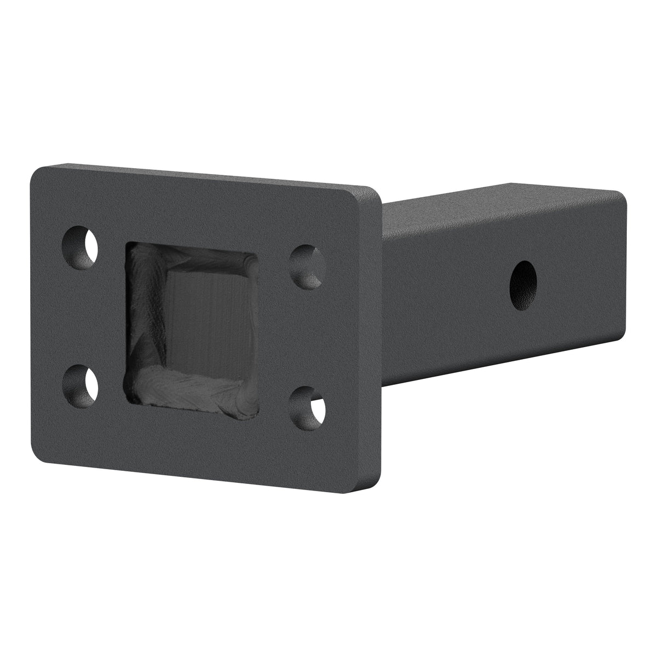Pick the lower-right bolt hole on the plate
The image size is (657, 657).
308,404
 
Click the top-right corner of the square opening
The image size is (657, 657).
253,255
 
